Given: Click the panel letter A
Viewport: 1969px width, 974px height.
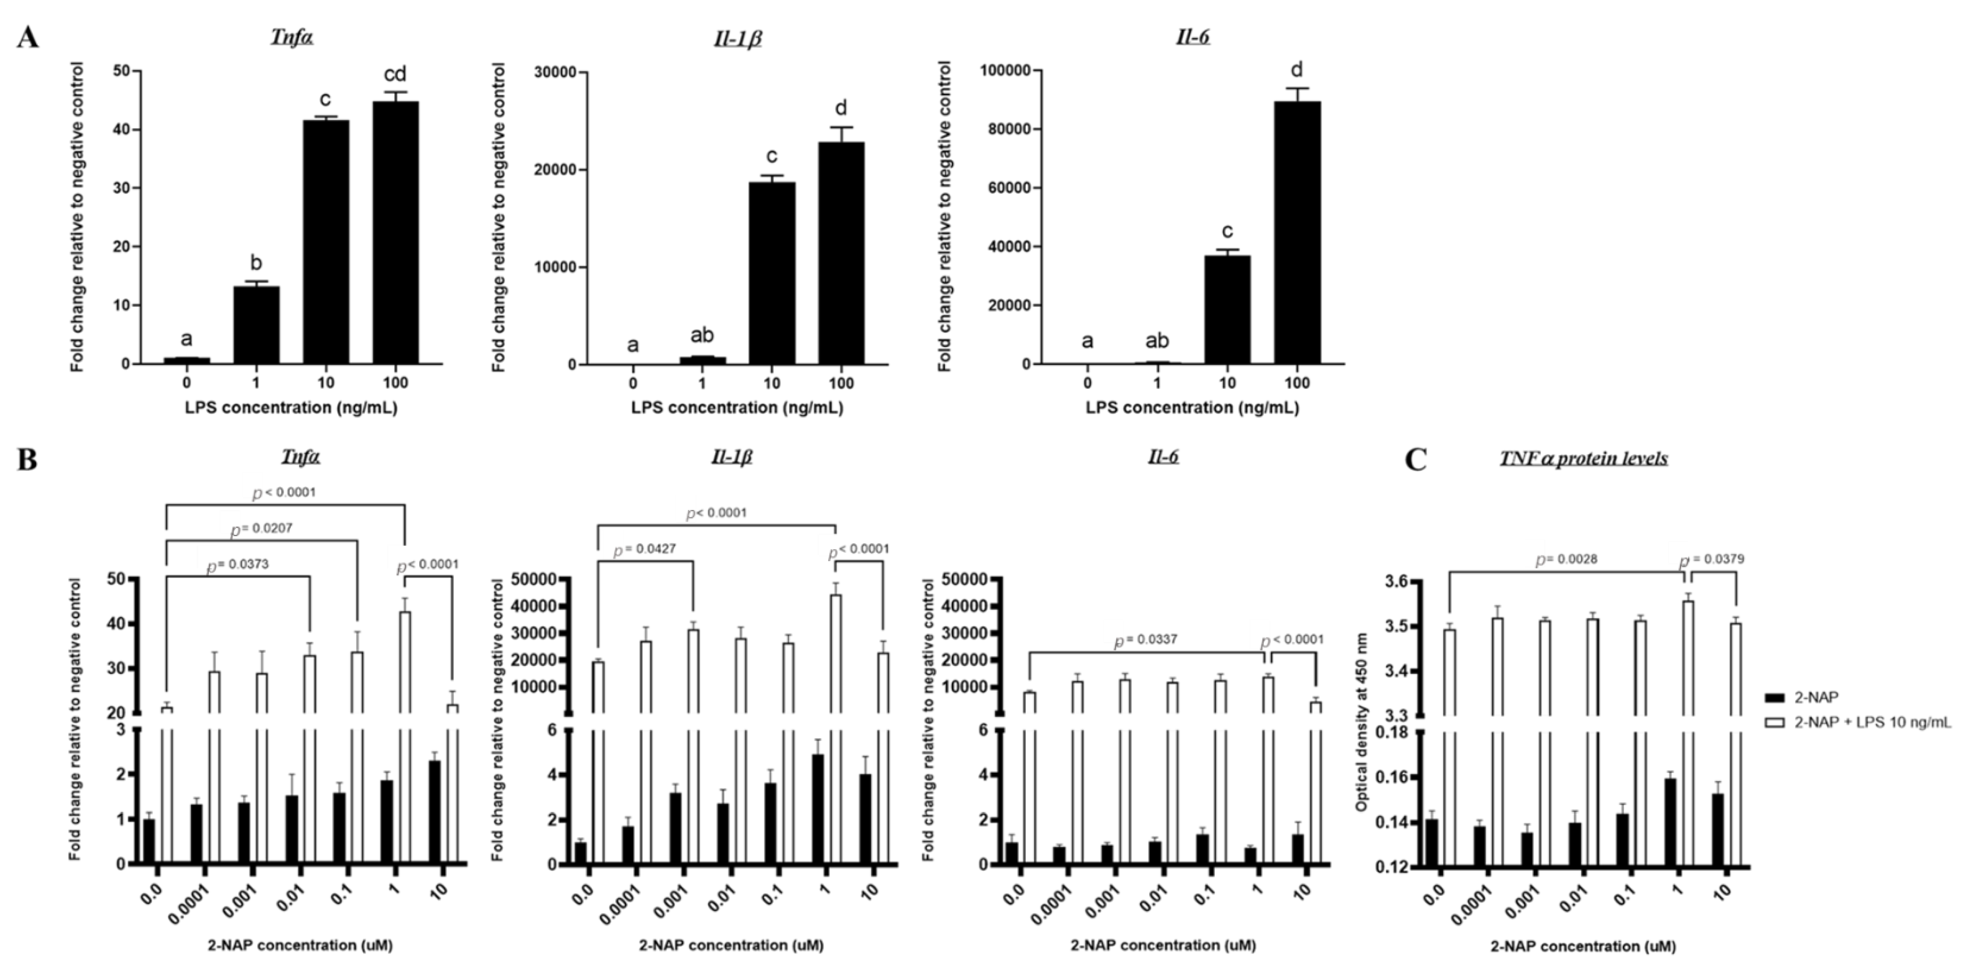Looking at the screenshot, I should point(28,37).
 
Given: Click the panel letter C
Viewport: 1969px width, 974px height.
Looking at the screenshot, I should point(1416,460).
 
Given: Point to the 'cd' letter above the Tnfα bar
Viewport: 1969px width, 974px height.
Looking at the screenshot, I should point(395,74).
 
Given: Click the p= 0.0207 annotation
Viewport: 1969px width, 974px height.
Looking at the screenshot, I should point(262,528).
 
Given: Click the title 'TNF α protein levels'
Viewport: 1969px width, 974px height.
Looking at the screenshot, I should point(1584,458).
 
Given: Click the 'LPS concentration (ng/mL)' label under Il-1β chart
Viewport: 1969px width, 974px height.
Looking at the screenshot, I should point(737,408).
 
